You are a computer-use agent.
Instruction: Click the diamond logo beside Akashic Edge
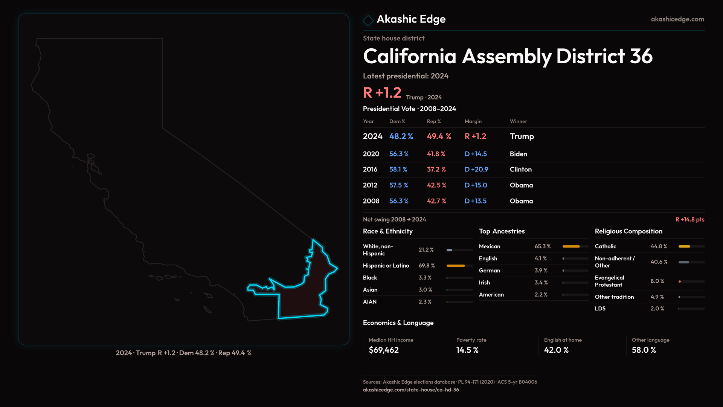pyautogui.click(x=368, y=20)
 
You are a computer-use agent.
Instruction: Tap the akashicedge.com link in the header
pyautogui.click(x=677, y=19)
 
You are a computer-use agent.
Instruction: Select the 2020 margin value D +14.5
pyautogui.click(x=476, y=154)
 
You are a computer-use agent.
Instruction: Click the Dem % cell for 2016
pyautogui.click(x=398, y=170)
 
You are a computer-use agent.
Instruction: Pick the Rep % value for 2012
pyautogui.click(x=436, y=185)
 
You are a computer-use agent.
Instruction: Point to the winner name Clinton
pyautogui.click(x=521, y=170)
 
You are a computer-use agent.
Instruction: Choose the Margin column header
pyautogui.click(x=473, y=122)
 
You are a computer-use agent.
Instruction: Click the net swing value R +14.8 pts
pyautogui.click(x=690, y=220)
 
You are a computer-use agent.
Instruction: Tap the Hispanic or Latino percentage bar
pyautogui.click(x=459, y=266)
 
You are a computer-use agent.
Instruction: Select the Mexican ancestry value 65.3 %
pyautogui.click(x=543, y=246)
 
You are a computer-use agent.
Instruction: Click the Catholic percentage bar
pyautogui.click(x=691, y=246)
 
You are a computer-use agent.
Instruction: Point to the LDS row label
pyautogui.click(x=600, y=309)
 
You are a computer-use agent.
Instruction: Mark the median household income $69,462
pyautogui.click(x=384, y=350)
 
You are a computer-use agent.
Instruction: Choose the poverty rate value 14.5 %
pyautogui.click(x=467, y=350)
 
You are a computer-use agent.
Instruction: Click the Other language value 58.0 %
pyautogui.click(x=644, y=350)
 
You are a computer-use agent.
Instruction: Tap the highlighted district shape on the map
pyautogui.click(x=301, y=298)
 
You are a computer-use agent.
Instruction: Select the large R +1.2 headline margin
pyautogui.click(x=382, y=93)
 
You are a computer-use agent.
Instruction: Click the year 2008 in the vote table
pyautogui.click(x=371, y=201)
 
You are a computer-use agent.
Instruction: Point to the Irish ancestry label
pyautogui.click(x=484, y=283)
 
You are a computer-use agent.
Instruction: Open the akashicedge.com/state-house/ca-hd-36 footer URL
pyautogui.click(x=411, y=390)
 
